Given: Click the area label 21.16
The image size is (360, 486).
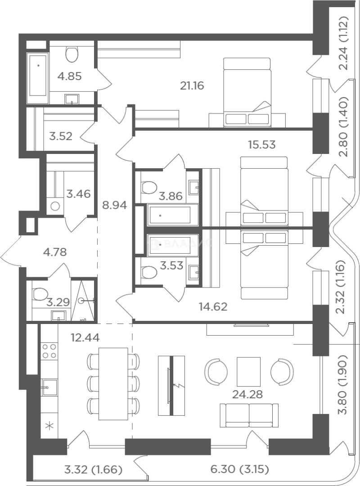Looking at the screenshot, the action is pyautogui.click(x=192, y=85).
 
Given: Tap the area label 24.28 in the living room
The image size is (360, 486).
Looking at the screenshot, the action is pyautogui.click(x=247, y=394).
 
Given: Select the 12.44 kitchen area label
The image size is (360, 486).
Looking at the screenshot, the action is pyautogui.click(x=85, y=337).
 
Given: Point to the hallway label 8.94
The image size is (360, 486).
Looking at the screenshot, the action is pyautogui.click(x=114, y=205).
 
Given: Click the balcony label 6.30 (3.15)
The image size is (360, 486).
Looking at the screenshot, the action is pyautogui.click(x=240, y=469).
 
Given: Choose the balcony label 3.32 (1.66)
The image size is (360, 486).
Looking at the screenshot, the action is pyautogui.click(x=93, y=469).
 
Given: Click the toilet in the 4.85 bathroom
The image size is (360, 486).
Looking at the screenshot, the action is pyautogui.click(x=72, y=54).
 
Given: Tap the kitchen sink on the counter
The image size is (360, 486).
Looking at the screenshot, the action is pyautogui.click(x=49, y=387).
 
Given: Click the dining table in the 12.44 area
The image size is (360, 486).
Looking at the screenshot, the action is pyautogui.click(x=113, y=384).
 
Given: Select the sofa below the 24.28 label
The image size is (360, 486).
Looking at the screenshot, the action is pyautogui.click(x=249, y=416).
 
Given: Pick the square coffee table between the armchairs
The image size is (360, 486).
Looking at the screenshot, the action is pyautogui.click(x=249, y=371).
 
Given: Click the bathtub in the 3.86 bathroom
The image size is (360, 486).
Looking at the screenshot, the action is pyautogui.click(x=173, y=215).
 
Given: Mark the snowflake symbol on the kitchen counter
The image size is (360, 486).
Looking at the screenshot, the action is pyautogui.click(x=49, y=426).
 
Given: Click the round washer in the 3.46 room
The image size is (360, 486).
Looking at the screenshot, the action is pyautogui.click(x=55, y=206).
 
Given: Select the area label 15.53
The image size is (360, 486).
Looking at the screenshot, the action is pyautogui.click(x=262, y=145).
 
